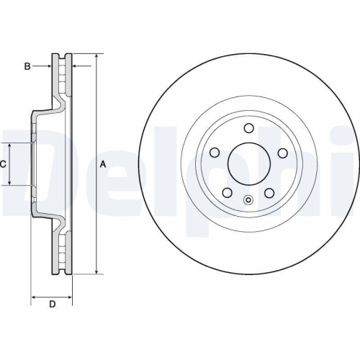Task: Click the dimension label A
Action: click(x=103, y=164)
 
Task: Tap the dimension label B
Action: click(x=27, y=66)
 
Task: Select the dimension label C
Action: click(x=3, y=164)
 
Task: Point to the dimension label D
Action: click(x=52, y=304)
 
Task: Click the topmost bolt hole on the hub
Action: click(x=248, y=129)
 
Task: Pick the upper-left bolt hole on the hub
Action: click(x=215, y=153)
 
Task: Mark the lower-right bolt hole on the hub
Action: click(x=269, y=193)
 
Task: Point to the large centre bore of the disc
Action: click(x=248, y=164)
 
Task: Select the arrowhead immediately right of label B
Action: click(x=50, y=66)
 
